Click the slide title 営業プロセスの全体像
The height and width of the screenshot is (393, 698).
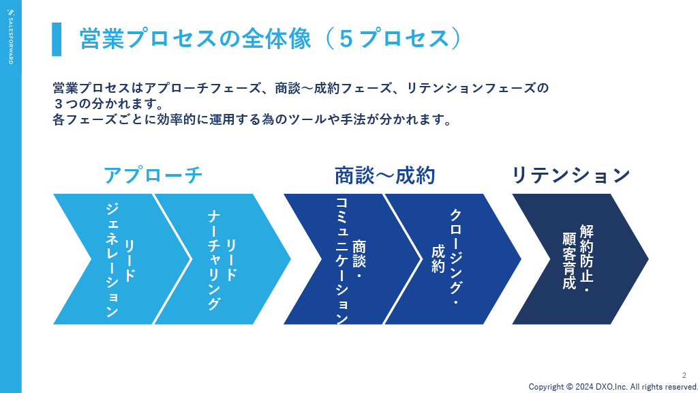point(195,39)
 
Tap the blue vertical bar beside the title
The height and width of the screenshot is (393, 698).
point(57,39)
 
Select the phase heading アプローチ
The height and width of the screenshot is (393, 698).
point(153,175)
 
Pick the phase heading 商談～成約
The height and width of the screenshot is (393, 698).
point(384,175)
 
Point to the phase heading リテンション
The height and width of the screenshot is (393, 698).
point(571,175)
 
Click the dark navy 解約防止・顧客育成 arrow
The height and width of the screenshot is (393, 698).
point(581,259)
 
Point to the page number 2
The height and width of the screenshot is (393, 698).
point(684,376)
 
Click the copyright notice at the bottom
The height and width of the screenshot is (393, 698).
point(613,387)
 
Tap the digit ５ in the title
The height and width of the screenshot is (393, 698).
point(346,39)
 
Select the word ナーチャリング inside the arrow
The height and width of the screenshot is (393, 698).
point(213,261)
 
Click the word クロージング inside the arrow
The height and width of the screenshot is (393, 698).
point(455,252)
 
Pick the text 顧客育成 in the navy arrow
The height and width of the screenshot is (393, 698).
point(569,261)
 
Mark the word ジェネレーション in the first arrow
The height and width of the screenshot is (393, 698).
point(112,261)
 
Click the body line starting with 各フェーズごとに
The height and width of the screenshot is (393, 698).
point(252,119)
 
